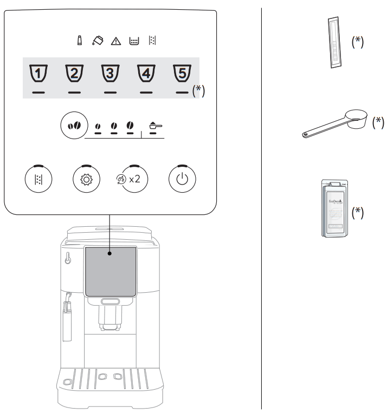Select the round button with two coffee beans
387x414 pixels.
tap(72, 124)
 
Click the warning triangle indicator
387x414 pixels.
tap(115, 41)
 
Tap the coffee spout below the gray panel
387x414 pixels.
tap(110, 314)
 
